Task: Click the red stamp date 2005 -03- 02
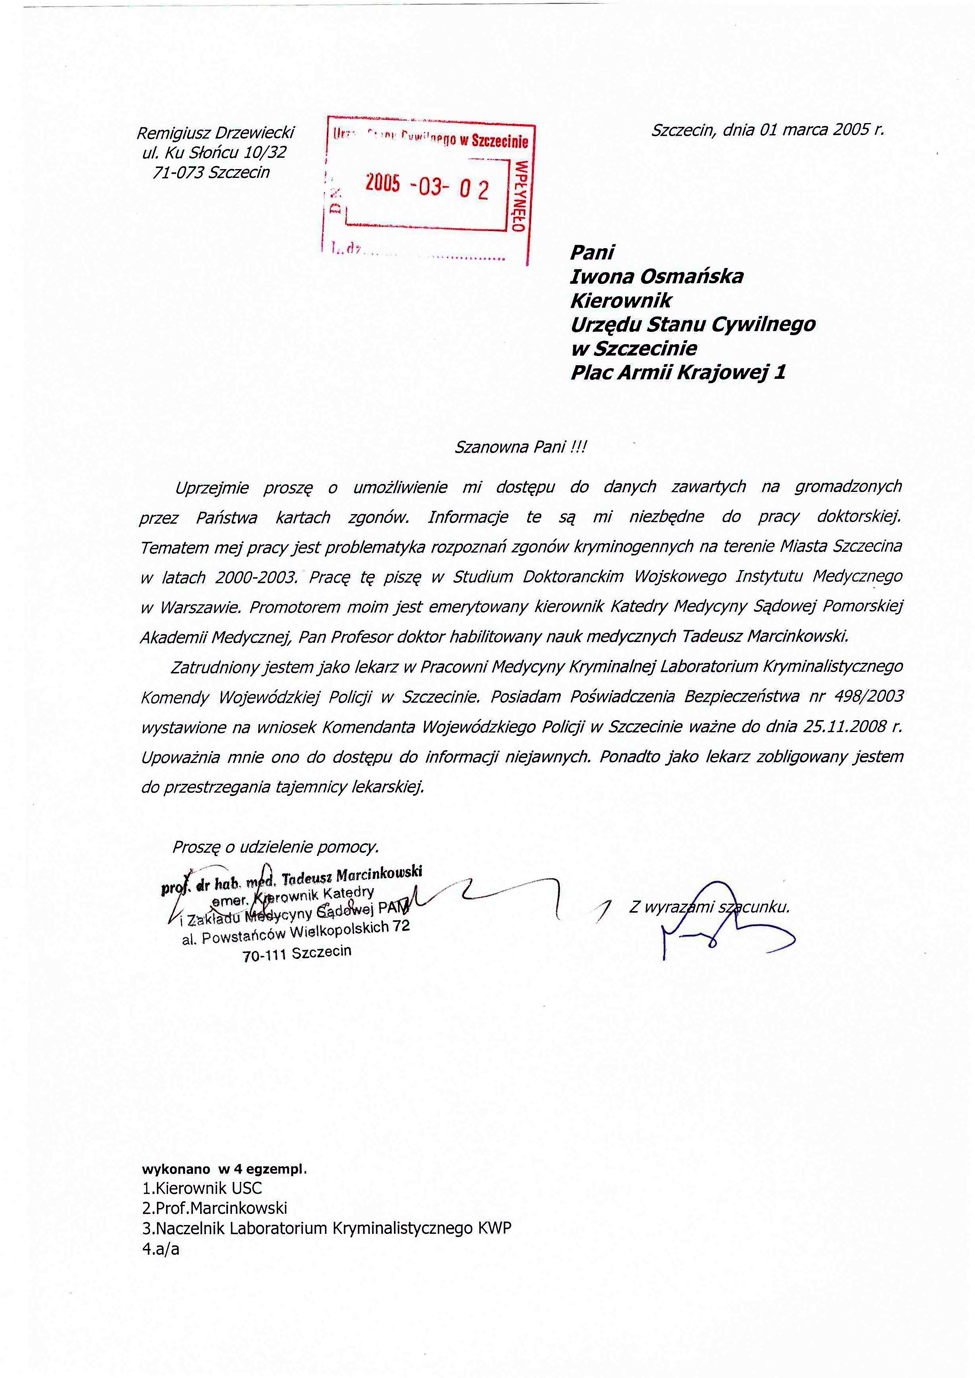(x=427, y=187)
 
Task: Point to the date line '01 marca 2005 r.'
(x=822, y=130)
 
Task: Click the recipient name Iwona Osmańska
(x=657, y=276)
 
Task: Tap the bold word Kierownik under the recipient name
(x=622, y=300)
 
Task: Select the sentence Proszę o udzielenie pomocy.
(x=276, y=847)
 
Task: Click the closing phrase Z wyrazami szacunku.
(x=709, y=907)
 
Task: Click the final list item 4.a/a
(x=161, y=1249)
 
